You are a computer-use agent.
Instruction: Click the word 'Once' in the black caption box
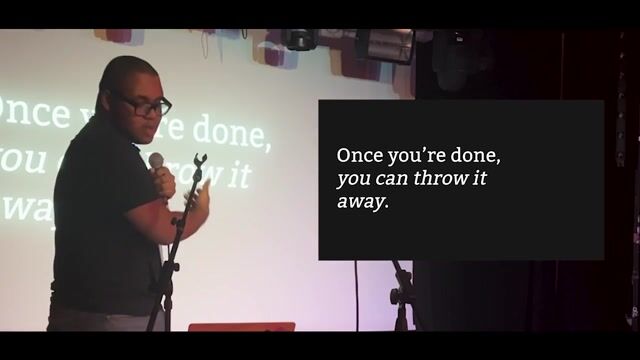pyautogui.click(x=357, y=156)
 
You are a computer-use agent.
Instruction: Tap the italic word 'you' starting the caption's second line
pyautogui.click(x=354, y=182)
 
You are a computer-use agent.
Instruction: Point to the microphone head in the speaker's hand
pyautogui.click(x=156, y=160)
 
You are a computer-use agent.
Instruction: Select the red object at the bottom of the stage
pyautogui.click(x=240, y=326)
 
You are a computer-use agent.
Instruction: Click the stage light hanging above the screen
pyautogui.click(x=301, y=40)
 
